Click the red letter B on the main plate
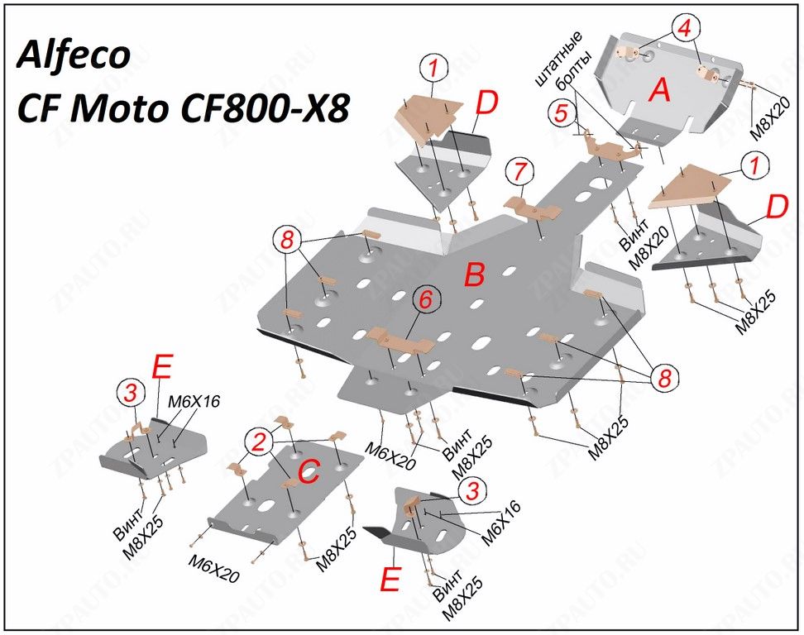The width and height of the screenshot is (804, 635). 474,275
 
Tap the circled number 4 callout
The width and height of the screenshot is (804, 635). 683,29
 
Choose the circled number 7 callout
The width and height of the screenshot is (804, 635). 519,173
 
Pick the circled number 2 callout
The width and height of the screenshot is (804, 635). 261,443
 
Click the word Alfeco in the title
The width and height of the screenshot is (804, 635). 73,55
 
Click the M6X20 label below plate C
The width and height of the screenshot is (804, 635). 214,568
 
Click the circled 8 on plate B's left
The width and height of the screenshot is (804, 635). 286,241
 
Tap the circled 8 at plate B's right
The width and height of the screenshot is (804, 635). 663,379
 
